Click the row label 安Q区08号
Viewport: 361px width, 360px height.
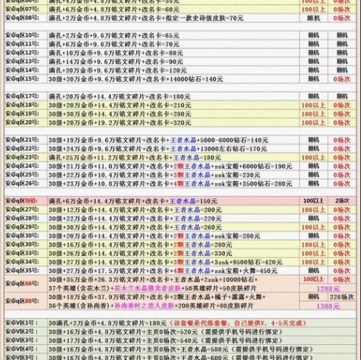pyautogui.click(x=22, y=18)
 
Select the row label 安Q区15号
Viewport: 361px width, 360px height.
pyautogui.click(x=22, y=79)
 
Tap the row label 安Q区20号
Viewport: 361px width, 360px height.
pyautogui.click(x=22, y=122)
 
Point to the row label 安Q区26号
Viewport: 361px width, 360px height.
pyautogui.click(x=22, y=183)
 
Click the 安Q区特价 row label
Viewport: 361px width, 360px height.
pyautogui.click(x=22, y=201)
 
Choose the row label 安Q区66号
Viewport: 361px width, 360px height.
pyautogui.click(x=22, y=283)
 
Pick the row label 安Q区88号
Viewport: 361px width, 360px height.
pyautogui.click(x=22, y=301)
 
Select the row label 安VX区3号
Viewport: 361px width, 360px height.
pyautogui.click(x=22, y=341)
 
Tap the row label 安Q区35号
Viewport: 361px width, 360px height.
pyautogui.click(x=22, y=271)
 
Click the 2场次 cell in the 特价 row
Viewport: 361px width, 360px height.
pyautogui.click(x=342, y=201)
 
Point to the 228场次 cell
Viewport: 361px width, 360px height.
pyautogui.click(x=342, y=297)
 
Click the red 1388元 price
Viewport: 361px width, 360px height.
pyautogui.click(x=328, y=306)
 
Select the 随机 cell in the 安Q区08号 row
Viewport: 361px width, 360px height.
pyautogui.click(x=314, y=18)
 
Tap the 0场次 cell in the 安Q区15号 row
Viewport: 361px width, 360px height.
pyautogui.click(x=342, y=79)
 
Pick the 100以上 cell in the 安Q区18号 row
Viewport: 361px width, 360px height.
pyautogui.click(x=314, y=105)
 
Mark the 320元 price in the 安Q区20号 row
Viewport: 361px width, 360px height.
pyautogui.click(x=181, y=122)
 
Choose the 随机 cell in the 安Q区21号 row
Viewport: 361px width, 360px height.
pyautogui.click(x=314, y=140)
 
